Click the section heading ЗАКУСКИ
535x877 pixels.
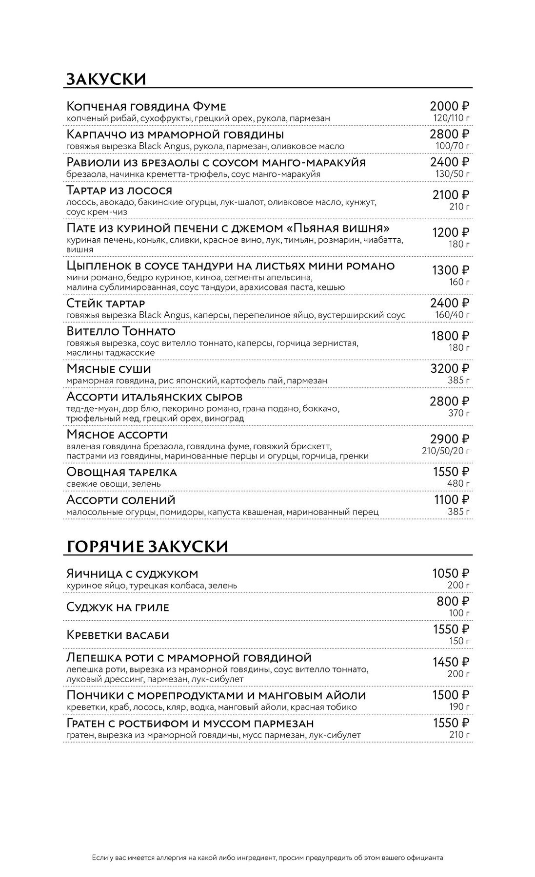[x=105, y=79]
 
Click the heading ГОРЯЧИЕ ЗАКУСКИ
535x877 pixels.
[x=146, y=546]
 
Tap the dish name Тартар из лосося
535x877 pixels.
[x=119, y=190]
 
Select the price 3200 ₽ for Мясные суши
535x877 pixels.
[x=450, y=369]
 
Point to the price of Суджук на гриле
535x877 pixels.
[x=453, y=601]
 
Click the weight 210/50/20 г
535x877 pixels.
[x=446, y=451]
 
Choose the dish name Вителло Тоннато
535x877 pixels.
[x=121, y=332]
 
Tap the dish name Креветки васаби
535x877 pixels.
[x=118, y=635]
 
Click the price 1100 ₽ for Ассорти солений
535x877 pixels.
[x=452, y=500]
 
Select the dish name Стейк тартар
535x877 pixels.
[x=105, y=303]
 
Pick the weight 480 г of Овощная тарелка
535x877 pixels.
[x=458, y=484]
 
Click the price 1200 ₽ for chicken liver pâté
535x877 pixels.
[x=451, y=233]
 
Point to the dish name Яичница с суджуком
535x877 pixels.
[x=132, y=573]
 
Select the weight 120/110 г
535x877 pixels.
[x=452, y=118]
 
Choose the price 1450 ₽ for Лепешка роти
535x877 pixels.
[x=451, y=662]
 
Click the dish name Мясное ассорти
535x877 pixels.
[x=117, y=434]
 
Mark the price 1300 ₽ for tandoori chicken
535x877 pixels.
[x=451, y=270]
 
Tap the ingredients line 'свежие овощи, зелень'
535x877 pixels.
[x=114, y=484]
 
